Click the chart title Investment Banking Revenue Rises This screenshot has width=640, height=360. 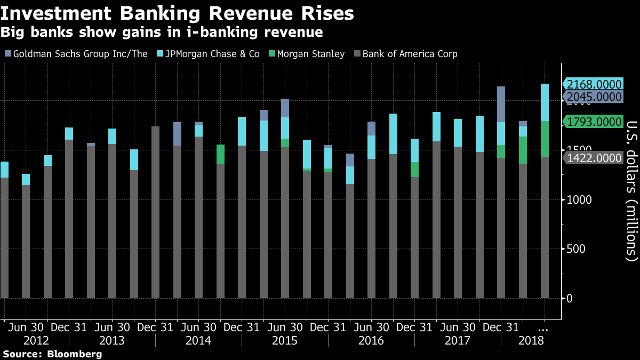click(x=177, y=13)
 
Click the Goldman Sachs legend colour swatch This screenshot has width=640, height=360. click(x=7, y=54)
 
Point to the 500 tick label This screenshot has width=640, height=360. click(x=576, y=249)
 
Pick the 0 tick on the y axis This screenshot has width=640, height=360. click(x=570, y=298)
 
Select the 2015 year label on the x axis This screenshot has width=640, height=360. click(x=285, y=340)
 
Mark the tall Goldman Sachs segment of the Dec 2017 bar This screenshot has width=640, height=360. click(x=501, y=104)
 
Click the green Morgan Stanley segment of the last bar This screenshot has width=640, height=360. click(x=545, y=139)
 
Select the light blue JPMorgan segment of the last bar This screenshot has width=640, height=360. click(x=545, y=102)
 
